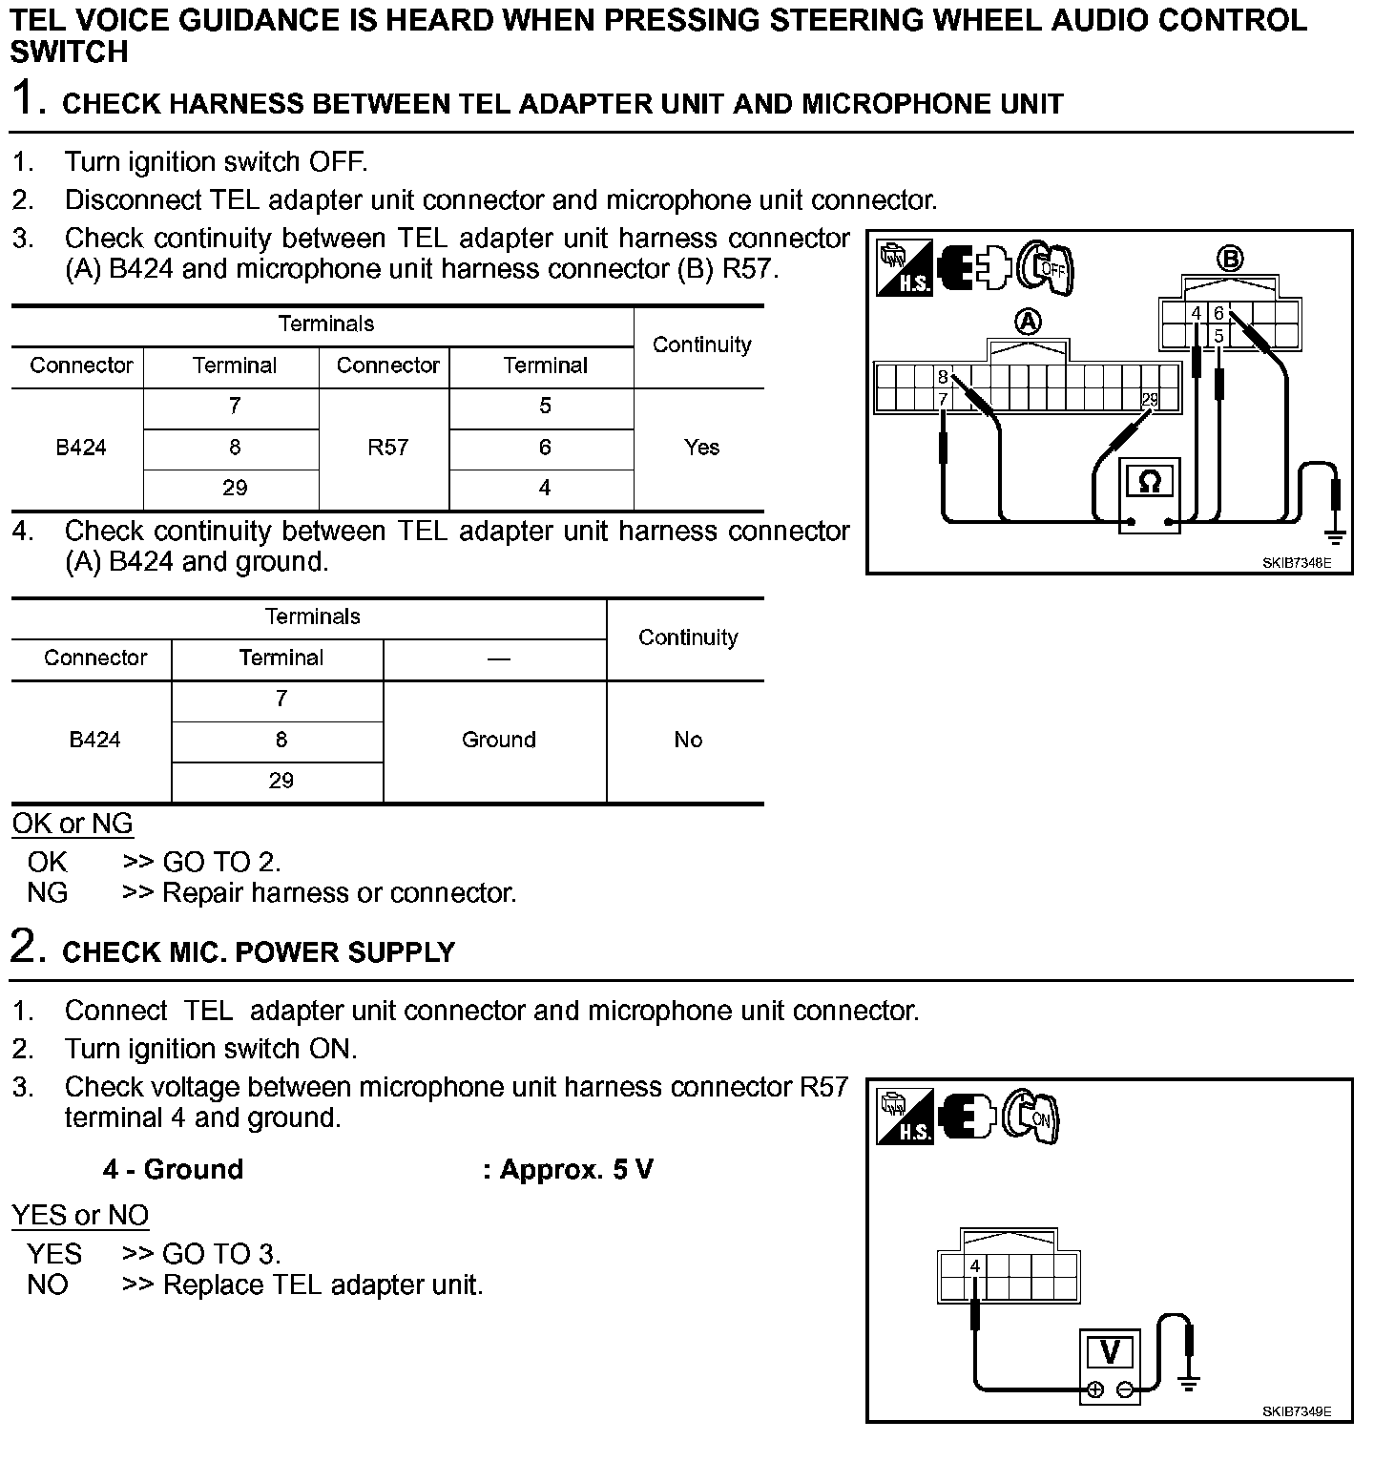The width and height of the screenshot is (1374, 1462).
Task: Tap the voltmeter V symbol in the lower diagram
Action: coord(1110,1352)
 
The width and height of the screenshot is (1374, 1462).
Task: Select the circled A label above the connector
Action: coord(1028,322)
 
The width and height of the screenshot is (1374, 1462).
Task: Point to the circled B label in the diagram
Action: coord(1229,258)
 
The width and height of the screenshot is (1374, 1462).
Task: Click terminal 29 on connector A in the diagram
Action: coord(1150,400)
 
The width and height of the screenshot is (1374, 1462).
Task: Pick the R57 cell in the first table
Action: coord(387,448)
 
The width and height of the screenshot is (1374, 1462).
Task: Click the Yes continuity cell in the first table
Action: coord(701,448)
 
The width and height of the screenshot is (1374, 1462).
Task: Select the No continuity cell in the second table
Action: coord(687,740)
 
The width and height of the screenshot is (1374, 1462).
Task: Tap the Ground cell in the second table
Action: coord(498,740)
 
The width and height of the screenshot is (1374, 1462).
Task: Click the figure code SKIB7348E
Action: coord(1295,563)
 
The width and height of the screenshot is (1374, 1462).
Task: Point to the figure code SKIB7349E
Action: coord(1295,1411)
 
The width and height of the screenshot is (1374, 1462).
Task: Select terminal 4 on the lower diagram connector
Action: coord(974,1266)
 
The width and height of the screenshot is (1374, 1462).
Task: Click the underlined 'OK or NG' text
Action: coord(73,824)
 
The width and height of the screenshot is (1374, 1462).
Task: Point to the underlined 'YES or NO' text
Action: coord(80,1215)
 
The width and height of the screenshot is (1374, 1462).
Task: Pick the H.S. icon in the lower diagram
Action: coord(905,1117)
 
